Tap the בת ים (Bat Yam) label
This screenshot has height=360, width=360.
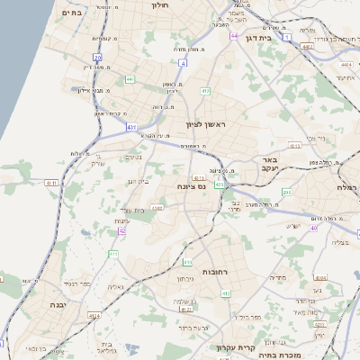click(71, 13)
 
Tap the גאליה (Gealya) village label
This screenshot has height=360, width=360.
click(115, 287)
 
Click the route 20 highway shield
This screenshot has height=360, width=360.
click(97, 58)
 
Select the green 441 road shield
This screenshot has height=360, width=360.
click(130, 78)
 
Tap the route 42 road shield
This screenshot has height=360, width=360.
click(122, 230)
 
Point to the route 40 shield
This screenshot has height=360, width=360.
click(313, 228)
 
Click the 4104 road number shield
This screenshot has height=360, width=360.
click(94, 316)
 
